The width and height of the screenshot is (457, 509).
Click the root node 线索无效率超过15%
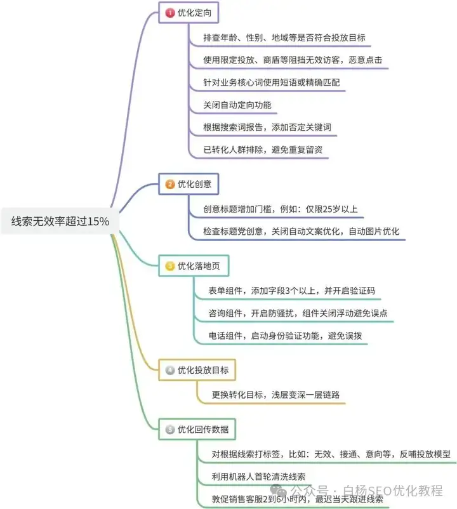click(60, 221)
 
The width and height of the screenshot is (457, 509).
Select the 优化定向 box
click(189, 13)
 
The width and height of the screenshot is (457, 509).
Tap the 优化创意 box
click(189, 184)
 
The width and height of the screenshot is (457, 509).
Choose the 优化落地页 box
click(194, 266)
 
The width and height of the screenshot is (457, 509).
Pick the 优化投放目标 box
click(197, 370)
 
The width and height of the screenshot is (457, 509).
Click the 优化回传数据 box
click(197, 429)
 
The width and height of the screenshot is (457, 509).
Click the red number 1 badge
click(170, 13)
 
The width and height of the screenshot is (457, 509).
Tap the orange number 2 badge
click(170, 185)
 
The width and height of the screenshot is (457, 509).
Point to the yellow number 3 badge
click(170, 266)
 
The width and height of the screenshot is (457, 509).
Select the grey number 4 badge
click(170, 370)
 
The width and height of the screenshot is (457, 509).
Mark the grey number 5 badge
click(170, 430)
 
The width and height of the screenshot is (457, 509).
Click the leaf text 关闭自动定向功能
click(237, 105)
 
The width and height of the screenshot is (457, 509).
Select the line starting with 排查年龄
click(284, 37)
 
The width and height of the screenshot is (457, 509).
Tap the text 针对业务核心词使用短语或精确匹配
click(272, 83)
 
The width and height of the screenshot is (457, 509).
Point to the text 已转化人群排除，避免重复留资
click(263, 150)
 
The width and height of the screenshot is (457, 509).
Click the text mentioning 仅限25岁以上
click(281, 209)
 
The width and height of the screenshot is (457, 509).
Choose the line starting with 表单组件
click(291, 291)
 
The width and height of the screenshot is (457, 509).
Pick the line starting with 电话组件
click(285, 335)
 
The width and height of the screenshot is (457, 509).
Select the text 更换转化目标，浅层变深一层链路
click(275, 395)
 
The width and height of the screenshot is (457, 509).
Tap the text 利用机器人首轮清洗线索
click(258, 477)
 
